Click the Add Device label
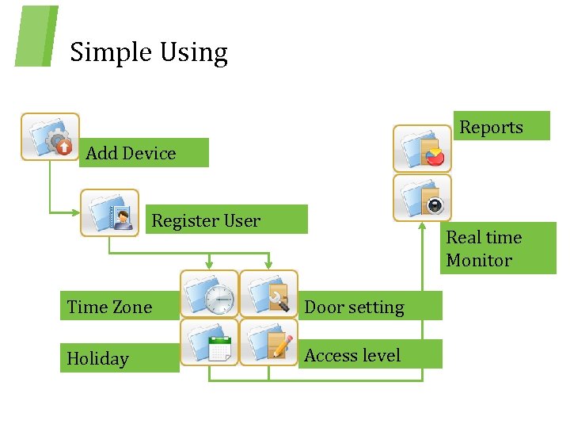[x=131, y=153]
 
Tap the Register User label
[x=206, y=220]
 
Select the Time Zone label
[x=109, y=307]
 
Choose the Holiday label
[x=97, y=358]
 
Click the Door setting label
[x=354, y=307]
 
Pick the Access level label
[x=352, y=355]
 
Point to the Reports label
[x=491, y=127]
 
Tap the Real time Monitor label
[x=484, y=249]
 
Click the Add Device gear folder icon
[x=50, y=136]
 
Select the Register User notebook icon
[x=109, y=212]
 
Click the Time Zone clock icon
[x=209, y=294]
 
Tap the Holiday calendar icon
[x=209, y=342]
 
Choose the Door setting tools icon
[x=269, y=294]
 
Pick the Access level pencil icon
[x=269, y=342]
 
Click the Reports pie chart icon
[x=423, y=147]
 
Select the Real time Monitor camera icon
[x=423, y=198]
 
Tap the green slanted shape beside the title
[x=36, y=36]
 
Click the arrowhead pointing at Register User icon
[x=75, y=212]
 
